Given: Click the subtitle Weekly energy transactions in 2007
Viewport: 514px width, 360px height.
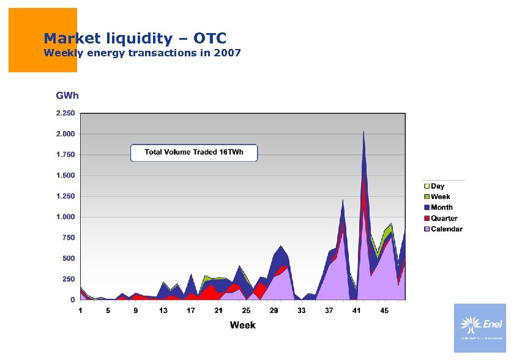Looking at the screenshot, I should (142, 53).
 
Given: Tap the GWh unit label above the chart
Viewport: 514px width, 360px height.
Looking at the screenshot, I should (67, 96).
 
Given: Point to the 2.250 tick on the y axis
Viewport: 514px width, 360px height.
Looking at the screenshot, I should (65, 113).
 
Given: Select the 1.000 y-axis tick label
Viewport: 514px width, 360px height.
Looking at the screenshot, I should (65, 217).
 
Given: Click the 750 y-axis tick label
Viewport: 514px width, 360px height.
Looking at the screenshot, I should (69, 238).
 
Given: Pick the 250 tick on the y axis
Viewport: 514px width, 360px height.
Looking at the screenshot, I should (69, 279).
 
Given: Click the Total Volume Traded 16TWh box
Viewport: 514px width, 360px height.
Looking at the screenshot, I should (194, 152).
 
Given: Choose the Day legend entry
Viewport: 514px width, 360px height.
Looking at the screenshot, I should (437, 186).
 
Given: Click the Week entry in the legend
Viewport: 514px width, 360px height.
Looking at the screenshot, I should (439, 197).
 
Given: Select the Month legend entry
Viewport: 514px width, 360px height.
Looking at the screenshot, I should (441, 208).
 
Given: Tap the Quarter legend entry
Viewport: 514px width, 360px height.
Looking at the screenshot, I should (443, 219).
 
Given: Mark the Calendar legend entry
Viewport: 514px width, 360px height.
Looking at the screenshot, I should (445, 229).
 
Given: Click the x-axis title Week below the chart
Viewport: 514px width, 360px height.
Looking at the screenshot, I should (242, 324).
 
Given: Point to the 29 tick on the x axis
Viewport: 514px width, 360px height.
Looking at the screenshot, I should (274, 310).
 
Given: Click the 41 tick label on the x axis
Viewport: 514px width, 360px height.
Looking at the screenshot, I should (356, 310).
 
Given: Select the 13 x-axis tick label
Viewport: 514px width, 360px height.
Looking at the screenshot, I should (163, 310).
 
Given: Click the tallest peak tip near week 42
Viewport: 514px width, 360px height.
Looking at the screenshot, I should (363, 132).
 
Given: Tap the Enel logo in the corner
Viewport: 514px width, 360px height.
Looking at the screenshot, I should (480, 328).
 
